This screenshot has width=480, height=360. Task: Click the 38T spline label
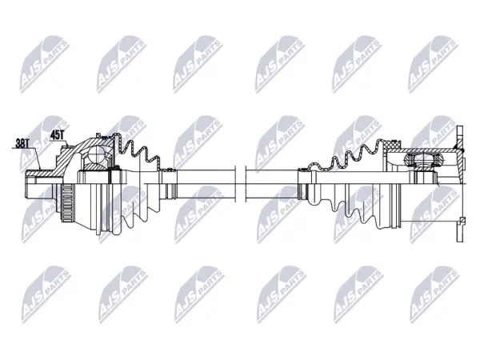22,143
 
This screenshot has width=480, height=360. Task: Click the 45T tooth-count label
57,135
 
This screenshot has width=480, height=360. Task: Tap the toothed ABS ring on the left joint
68,203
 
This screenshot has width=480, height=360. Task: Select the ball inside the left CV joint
95,154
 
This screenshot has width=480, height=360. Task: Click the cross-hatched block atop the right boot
392,145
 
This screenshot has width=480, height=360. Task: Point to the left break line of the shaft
235,184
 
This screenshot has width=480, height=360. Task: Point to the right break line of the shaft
246,184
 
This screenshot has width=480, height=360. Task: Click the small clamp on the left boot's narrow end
168,170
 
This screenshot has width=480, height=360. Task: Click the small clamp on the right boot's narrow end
303,169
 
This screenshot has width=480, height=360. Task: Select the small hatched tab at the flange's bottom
462,220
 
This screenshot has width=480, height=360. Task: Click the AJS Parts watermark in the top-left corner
44,64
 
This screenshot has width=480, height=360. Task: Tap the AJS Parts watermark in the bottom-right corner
434,294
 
